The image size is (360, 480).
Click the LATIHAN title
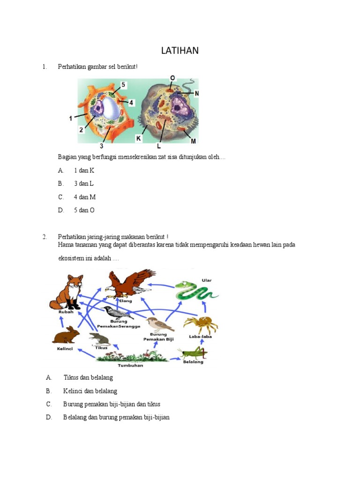click(x=180, y=50)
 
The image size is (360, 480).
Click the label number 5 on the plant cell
click(x=123, y=85)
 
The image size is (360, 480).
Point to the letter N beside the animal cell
click(x=197, y=93)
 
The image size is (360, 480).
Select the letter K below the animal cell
click(x=138, y=139)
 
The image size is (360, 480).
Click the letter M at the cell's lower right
click(x=193, y=141)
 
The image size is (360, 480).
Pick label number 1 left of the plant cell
click(x=71, y=119)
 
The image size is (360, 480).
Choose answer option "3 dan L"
click(x=84, y=184)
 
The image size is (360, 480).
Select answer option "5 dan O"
click(x=84, y=210)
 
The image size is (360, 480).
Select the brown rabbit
click(x=66, y=336)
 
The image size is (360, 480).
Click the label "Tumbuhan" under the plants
click(x=130, y=366)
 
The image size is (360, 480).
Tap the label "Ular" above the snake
click(x=207, y=280)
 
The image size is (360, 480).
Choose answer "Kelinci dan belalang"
click(x=90, y=390)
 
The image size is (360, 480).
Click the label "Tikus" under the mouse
click(x=101, y=348)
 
